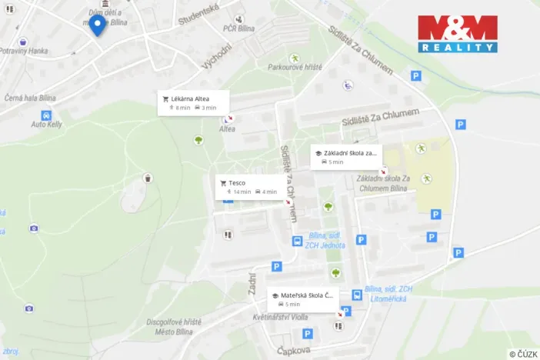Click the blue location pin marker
tap(97, 27)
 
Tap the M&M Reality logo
tap(458, 35)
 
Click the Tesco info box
tap(251, 187)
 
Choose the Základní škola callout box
tap(345, 157)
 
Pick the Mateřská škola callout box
tap(303, 299)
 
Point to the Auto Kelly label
tap(47, 125)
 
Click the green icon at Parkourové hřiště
tap(295, 58)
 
